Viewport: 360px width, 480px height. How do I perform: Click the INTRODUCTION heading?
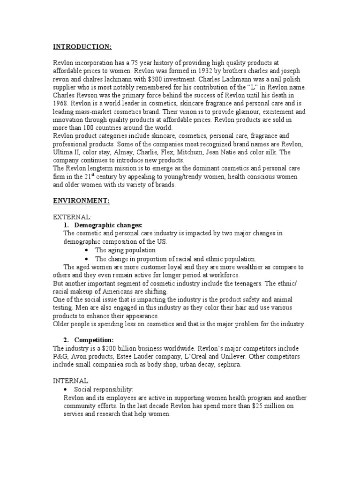tap(82, 47)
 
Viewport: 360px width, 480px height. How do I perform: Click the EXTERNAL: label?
tap(72, 218)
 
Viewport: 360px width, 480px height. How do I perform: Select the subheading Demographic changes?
tap(108, 225)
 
